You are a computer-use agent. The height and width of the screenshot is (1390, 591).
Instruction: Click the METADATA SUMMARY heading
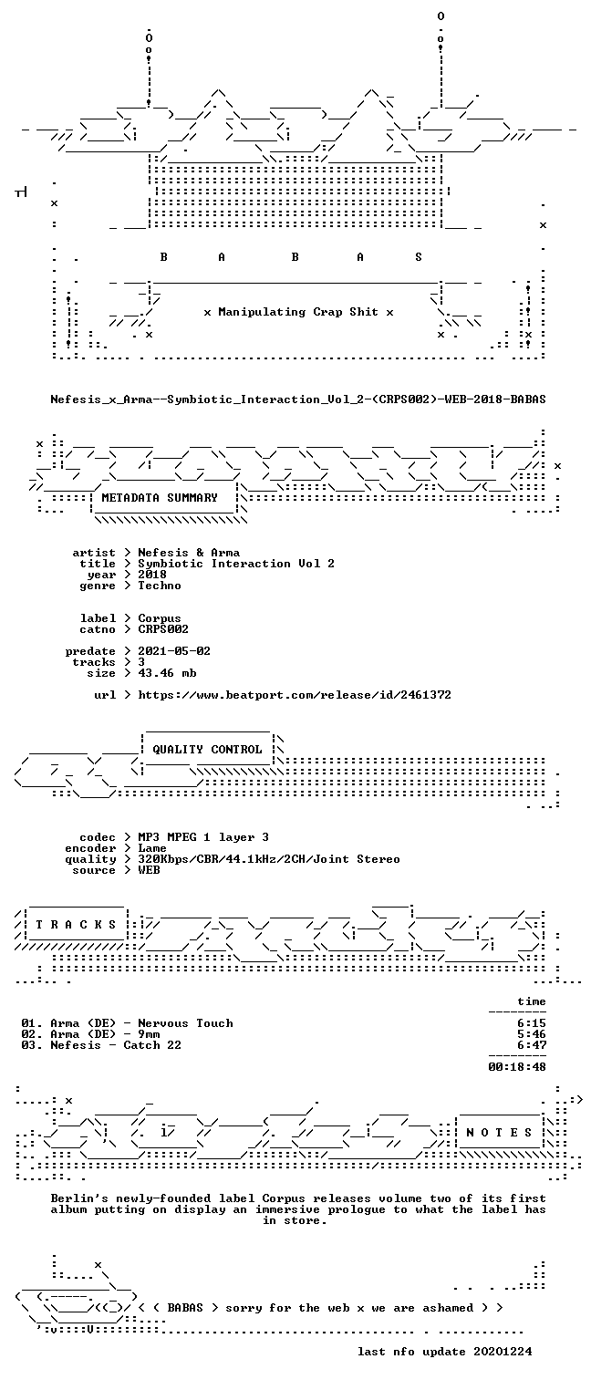pos(160,498)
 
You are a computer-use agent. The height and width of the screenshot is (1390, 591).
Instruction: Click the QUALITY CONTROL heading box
pos(207,749)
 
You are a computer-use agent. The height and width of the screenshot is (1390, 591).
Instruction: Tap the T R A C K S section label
pos(76,925)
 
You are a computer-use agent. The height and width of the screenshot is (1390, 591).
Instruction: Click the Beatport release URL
pos(295,695)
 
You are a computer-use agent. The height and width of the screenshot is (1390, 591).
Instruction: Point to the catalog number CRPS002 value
pos(163,629)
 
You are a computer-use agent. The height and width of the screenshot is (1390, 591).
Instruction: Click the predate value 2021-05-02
pos(174,651)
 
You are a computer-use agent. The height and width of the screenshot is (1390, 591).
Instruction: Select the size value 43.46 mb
pos(167,673)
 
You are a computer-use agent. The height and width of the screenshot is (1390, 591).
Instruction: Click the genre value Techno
pos(160,586)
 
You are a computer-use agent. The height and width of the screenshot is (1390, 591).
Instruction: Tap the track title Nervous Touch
pos(186,1023)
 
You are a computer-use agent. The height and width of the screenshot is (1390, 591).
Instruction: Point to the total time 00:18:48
pos(517,1067)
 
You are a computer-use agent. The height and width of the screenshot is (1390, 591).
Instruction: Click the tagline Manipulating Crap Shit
pos(298,312)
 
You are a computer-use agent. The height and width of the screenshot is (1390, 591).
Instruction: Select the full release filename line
pos(298,399)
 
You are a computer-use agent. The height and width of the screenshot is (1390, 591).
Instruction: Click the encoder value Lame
pos(152,848)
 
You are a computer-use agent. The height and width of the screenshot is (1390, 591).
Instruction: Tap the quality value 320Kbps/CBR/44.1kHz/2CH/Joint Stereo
pos(269,859)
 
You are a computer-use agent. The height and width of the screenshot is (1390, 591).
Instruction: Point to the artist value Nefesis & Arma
pos(189,553)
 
